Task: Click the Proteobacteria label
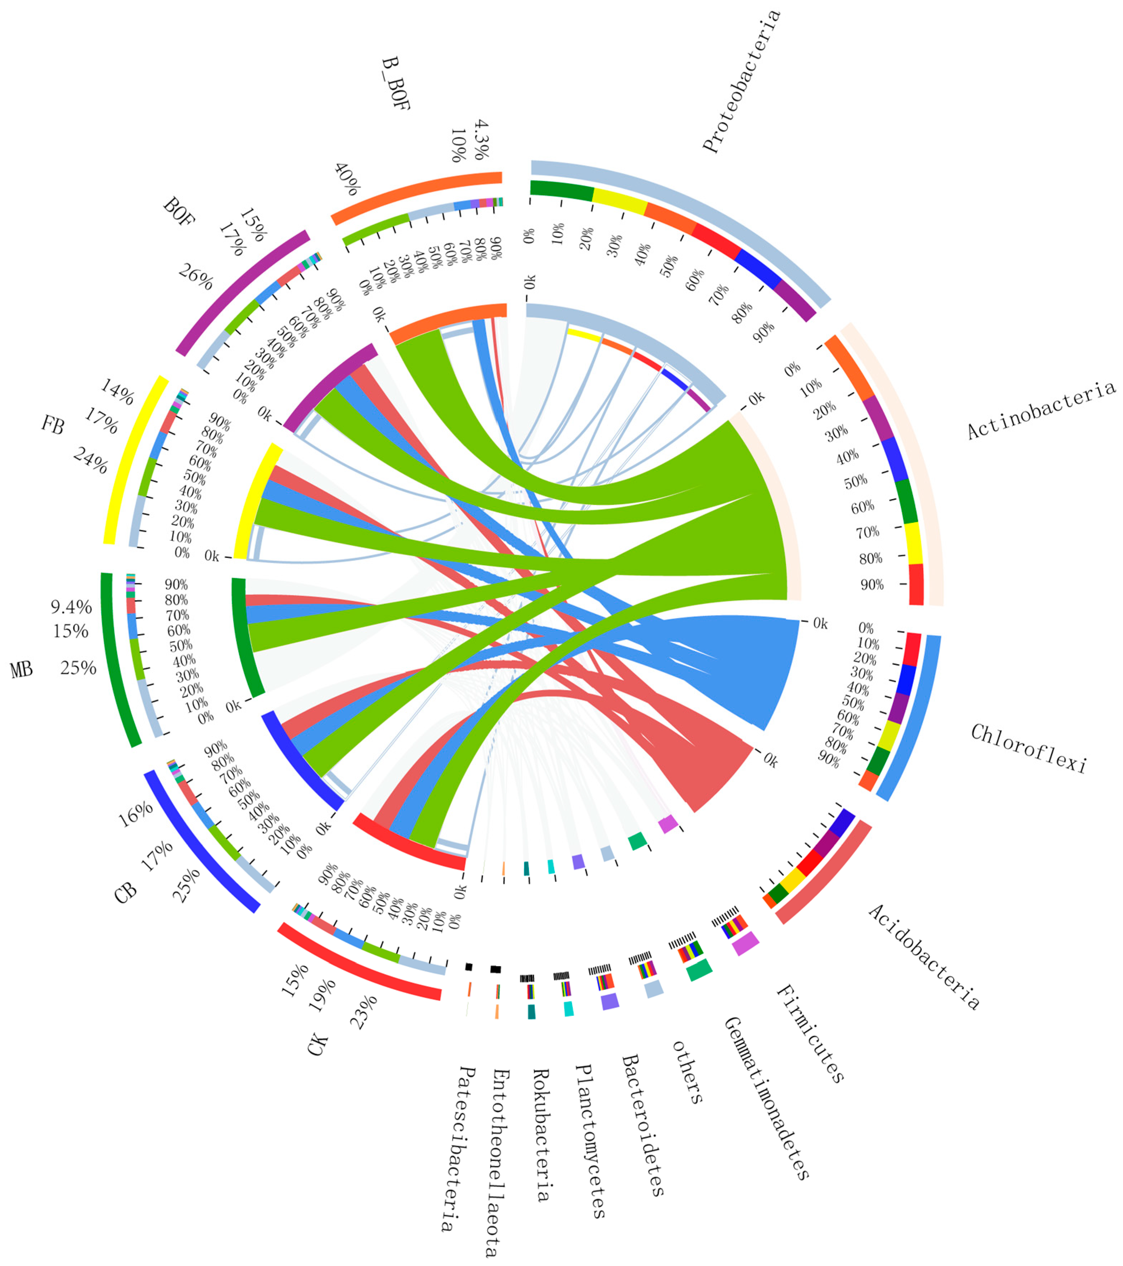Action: pos(741,82)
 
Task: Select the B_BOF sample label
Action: pos(395,84)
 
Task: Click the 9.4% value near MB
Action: pos(71,607)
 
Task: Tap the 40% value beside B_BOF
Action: pos(347,180)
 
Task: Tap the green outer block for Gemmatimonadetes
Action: pos(699,970)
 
